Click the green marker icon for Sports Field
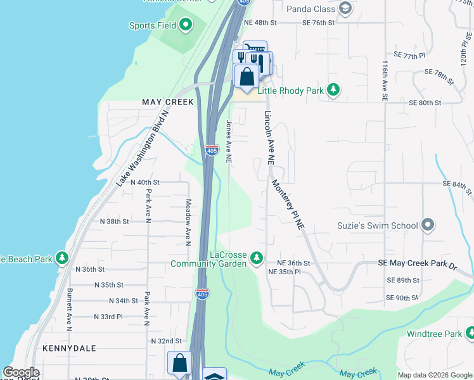click(x=186, y=25)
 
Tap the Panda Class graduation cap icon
click(x=345, y=8)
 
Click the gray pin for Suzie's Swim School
click(x=428, y=225)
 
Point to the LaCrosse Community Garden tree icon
click(x=257, y=257)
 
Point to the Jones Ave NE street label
click(x=229, y=142)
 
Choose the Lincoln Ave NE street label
click(x=269, y=138)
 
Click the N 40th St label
click(x=130, y=182)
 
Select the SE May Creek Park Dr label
click(x=417, y=263)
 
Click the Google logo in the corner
click(x=21, y=372)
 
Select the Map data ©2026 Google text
click(x=434, y=375)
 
